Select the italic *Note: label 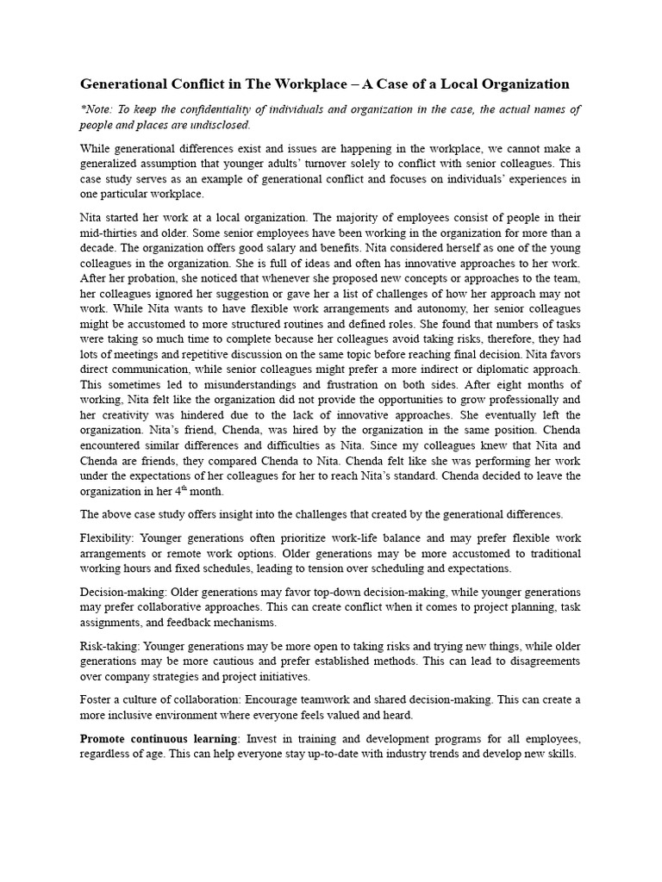click(x=97, y=109)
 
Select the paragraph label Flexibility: click(x=108, y=537)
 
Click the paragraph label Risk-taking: click(x=110, y=645)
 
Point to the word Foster click(x=97, y=699)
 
